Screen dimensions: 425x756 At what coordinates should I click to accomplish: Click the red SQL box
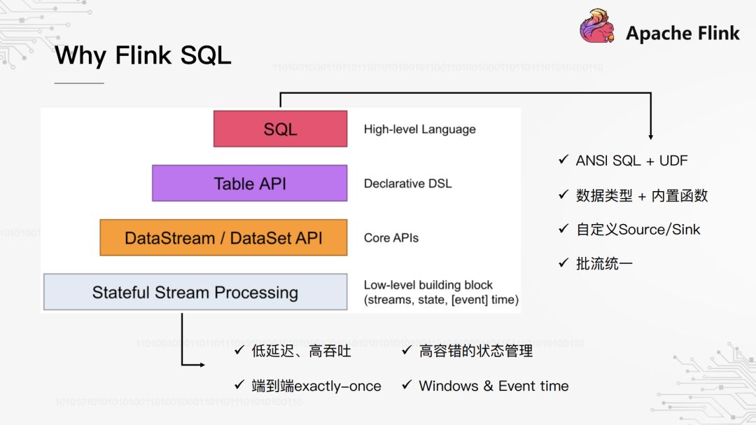(280, 129)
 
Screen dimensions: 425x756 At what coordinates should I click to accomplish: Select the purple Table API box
(250, 183)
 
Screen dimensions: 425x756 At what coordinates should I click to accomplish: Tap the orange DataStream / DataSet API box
(223, 237)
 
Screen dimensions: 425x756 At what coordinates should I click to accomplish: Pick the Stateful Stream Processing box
(195, 292)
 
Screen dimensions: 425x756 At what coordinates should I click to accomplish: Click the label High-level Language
(419, 130)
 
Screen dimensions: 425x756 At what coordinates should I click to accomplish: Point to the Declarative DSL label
(407, 183)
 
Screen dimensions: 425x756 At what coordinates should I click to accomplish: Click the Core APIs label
(391, 237)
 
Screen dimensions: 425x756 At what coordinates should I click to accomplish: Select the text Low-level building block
(428, 285)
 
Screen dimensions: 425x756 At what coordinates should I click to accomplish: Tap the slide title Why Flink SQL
(143, 55)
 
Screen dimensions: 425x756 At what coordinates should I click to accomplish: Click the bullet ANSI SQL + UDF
(631, 160)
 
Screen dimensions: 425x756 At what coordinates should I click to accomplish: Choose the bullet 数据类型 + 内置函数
(641, 195)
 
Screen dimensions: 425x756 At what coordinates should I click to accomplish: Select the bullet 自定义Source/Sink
(638, 229)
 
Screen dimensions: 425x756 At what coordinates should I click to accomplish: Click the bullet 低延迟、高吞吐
(301, 351)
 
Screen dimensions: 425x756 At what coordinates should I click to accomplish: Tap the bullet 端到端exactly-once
(316, 386)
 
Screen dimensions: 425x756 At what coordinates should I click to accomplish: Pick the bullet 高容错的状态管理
(476, 351)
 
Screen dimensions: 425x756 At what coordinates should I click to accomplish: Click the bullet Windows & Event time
(493, 386)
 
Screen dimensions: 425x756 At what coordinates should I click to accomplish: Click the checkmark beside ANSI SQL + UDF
(563, 160)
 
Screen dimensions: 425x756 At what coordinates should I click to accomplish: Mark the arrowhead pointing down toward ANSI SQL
(651, 136)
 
